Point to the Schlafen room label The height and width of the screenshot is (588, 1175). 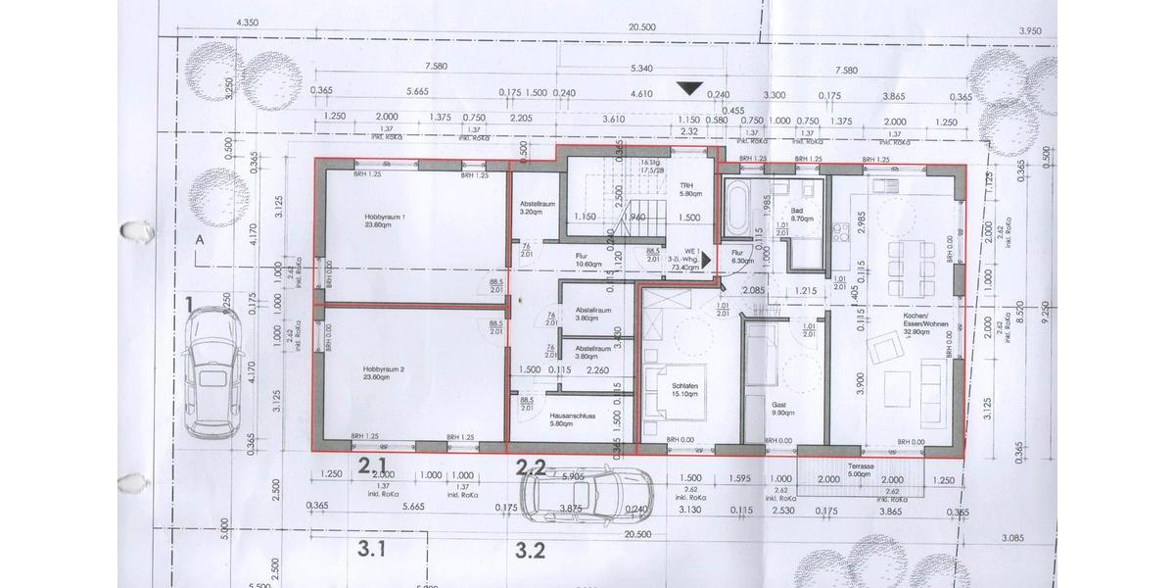pyautogui.click(x=683, y=388)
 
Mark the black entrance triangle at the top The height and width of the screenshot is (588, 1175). pyautogui.click(x=692, y=88)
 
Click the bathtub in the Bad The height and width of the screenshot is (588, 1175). pyautogui.click(x=734, y=208)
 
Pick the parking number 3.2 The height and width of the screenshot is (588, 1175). pyautogui.click(x=530, y=549)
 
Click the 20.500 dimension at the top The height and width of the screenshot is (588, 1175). pyautogui.click(x=641, y=27)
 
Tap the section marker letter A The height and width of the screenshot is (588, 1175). pyautogui.click(x=200, y=239)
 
